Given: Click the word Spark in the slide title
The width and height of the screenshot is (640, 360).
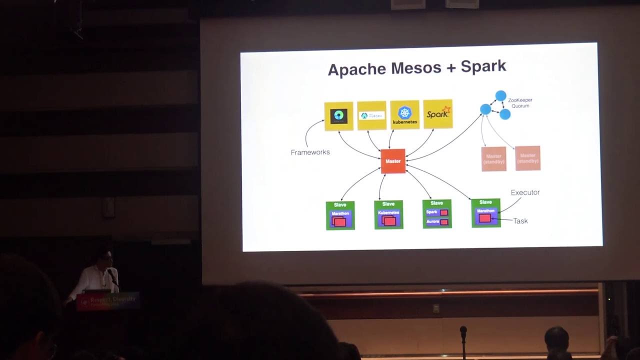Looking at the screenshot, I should point(483,66).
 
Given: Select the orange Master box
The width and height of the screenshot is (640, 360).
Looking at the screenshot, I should point(393,161).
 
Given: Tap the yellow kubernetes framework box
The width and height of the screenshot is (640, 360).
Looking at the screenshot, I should point(404,115).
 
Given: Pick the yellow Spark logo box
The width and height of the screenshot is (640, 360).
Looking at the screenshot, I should point(437,114).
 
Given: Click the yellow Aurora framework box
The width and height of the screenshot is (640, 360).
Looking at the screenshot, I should point(371,115).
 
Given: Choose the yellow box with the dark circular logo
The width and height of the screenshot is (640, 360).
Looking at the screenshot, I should point(338,116).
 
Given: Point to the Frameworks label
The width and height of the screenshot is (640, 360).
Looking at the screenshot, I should point(310,152).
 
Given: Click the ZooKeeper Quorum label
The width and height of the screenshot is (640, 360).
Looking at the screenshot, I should point(520,102).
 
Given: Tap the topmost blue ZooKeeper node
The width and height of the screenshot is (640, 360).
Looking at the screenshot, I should point(500,95).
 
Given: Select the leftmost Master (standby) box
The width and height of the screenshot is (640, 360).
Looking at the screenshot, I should point(493,158).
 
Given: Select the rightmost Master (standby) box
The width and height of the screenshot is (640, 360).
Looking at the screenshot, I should point(527,158).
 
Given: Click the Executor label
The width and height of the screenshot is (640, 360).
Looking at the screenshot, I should point(525,192).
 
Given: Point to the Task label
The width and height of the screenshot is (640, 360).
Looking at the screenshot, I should point(520,220).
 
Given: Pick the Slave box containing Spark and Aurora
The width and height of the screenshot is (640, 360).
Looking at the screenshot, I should point(437,214).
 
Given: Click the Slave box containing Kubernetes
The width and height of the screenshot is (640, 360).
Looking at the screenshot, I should point(388,214).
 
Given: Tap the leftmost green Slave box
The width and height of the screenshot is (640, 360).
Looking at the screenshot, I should point(340,215).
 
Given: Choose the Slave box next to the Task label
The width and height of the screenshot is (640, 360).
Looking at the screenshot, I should point(485,212).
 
